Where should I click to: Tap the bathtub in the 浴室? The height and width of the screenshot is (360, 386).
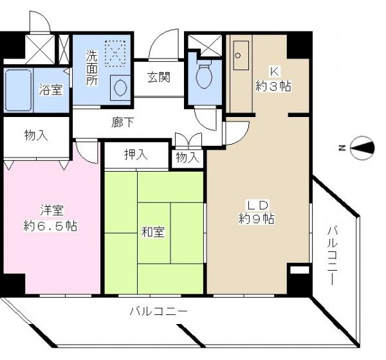pos(19,90)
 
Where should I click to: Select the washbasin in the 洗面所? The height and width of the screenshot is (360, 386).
pos(120,88)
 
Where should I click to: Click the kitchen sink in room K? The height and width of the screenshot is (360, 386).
pos(241,55)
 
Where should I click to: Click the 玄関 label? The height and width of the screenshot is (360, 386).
pos(159,77)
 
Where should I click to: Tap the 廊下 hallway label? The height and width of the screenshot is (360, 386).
pos(123,122)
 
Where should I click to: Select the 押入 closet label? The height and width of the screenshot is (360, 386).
pos(136,155)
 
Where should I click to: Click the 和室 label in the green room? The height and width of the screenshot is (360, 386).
pos(153,232)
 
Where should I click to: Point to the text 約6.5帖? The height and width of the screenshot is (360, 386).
pos(50,226)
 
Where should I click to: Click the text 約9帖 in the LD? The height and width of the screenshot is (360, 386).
pos(257,219)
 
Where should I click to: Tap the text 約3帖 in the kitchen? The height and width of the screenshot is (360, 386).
pos(273,86)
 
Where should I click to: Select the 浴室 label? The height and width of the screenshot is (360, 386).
pos(51,90)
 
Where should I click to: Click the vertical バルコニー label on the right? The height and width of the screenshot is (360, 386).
pos(333,256)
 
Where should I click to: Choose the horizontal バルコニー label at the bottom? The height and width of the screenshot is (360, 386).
pos(158,312)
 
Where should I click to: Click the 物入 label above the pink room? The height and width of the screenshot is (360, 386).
pos(36,136)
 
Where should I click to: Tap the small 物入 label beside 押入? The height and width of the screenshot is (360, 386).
pos(188,157)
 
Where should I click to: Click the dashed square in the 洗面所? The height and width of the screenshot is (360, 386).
pos(115,53)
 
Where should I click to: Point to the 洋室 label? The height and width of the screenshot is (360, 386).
pos(52,210)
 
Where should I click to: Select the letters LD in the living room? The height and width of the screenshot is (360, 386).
pos(257,205)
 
